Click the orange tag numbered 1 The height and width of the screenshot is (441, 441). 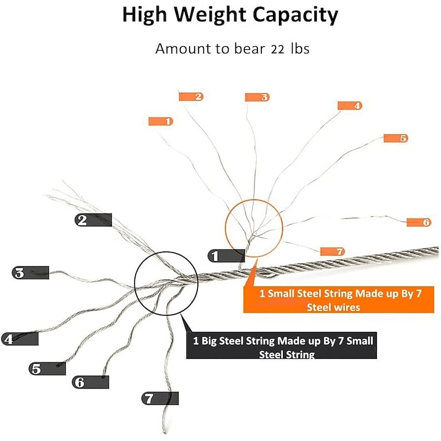160,121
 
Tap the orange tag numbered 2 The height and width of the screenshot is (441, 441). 191,97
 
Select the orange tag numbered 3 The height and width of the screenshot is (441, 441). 257,98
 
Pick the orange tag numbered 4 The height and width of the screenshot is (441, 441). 350,106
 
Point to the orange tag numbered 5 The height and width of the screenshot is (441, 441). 396,138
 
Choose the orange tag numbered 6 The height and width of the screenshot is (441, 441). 419,223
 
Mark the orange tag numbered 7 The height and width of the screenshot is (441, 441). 332,251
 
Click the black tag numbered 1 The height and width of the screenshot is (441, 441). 226,256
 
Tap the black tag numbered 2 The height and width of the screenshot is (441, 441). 93,220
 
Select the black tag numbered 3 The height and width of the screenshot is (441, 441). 30,273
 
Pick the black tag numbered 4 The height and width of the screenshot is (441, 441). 20,339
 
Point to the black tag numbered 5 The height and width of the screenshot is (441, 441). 47,369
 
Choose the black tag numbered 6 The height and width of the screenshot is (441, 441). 90,382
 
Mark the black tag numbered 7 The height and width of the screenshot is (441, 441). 160,399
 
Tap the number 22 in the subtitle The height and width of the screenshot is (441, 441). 278,50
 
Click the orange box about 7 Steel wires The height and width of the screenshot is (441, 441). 338,300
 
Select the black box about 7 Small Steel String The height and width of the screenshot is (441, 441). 282,346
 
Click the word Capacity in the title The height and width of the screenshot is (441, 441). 295,15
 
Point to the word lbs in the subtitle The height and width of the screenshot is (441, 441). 300,49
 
